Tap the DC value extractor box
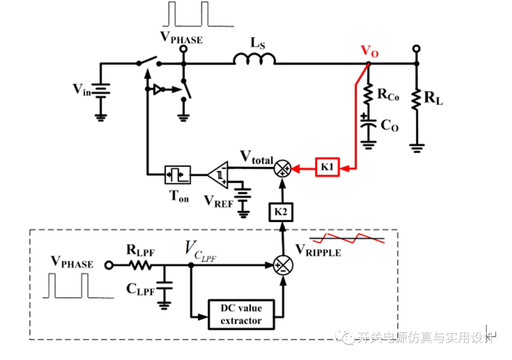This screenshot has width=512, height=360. click(241, 314)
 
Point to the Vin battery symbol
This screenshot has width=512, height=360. click(100, 90)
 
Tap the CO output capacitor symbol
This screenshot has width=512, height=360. click(367, 124)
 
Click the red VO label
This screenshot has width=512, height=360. click(370, 50)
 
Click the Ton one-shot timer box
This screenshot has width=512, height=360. click(177, 175)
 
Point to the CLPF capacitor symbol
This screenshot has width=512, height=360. click(165, 287)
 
